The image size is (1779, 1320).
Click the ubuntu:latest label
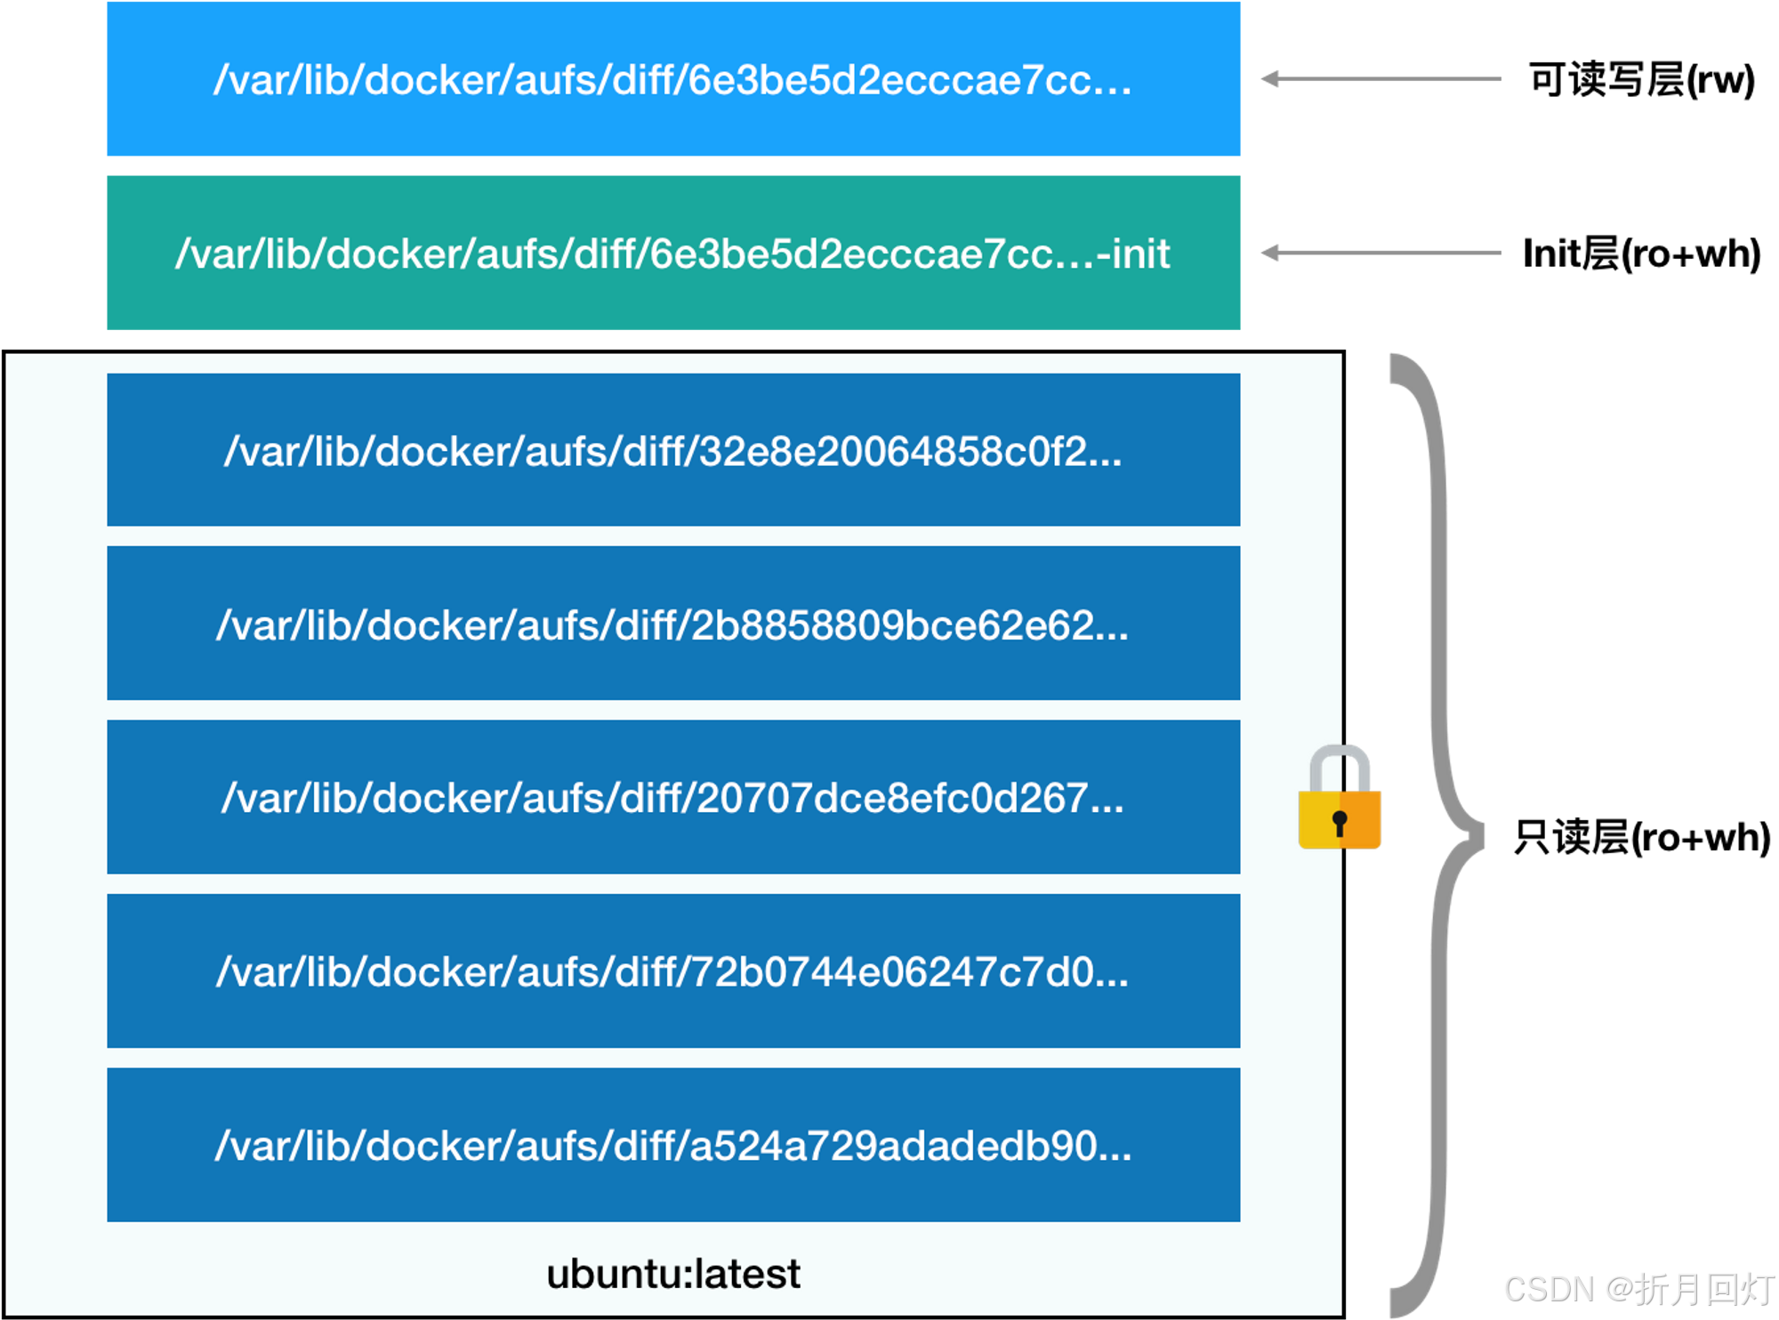[673, 1274]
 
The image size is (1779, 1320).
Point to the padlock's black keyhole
[1340, 823]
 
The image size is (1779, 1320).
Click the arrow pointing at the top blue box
[1381, 79]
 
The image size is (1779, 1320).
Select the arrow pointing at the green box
[1381, 253]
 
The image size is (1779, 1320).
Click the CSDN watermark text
[1548, 1288]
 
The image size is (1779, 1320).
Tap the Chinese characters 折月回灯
[1703, 1288]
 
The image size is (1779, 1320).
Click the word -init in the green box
[1133, 254]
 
